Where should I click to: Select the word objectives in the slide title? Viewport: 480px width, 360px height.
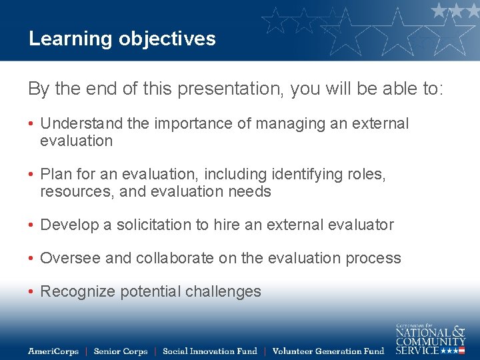pyautogui.click(x=167, y=39)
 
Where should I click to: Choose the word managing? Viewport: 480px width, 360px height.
pyautogui.click(x=273, y=124)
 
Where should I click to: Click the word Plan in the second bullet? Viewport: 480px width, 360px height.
pyautogui.click(x=55, y=175)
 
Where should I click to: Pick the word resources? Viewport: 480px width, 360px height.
pyautogui.click(x=73, y=192)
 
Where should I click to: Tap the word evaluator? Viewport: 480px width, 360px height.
pyautogui.click(x=363, y=225)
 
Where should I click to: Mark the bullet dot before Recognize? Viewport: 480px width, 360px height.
pyautogui.click(x=31, y=292)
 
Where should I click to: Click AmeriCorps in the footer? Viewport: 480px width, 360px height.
pyautogui.click(x=53, y=351)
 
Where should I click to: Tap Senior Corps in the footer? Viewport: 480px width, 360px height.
pyautogui.click(x=120, y=351)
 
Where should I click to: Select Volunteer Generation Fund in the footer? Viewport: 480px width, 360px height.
pyautogui.click(x=328, y=351)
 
